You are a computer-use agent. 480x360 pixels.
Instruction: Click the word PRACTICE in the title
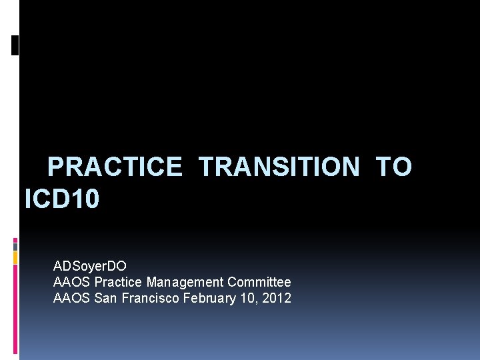[x=115, y=167]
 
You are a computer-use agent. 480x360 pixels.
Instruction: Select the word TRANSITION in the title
[x=279, y=167]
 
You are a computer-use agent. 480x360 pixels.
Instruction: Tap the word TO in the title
[x=394, y=167]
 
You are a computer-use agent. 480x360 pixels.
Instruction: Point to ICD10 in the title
[x=62, y=199]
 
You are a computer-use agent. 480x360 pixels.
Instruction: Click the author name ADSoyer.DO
[x=90, y=266]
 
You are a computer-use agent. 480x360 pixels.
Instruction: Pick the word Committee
[x=259, y=282]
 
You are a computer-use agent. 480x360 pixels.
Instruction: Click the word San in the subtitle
[x=105, y=298]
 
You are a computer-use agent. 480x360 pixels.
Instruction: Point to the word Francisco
[x=150, y=298]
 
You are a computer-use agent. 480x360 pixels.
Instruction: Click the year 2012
[x=277, y=298]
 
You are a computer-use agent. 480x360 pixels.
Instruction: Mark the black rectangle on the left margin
[x=15, y=45]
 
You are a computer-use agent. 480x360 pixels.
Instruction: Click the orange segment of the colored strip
[x=15, y=257]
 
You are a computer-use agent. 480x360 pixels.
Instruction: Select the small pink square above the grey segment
[x=15, y=240]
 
